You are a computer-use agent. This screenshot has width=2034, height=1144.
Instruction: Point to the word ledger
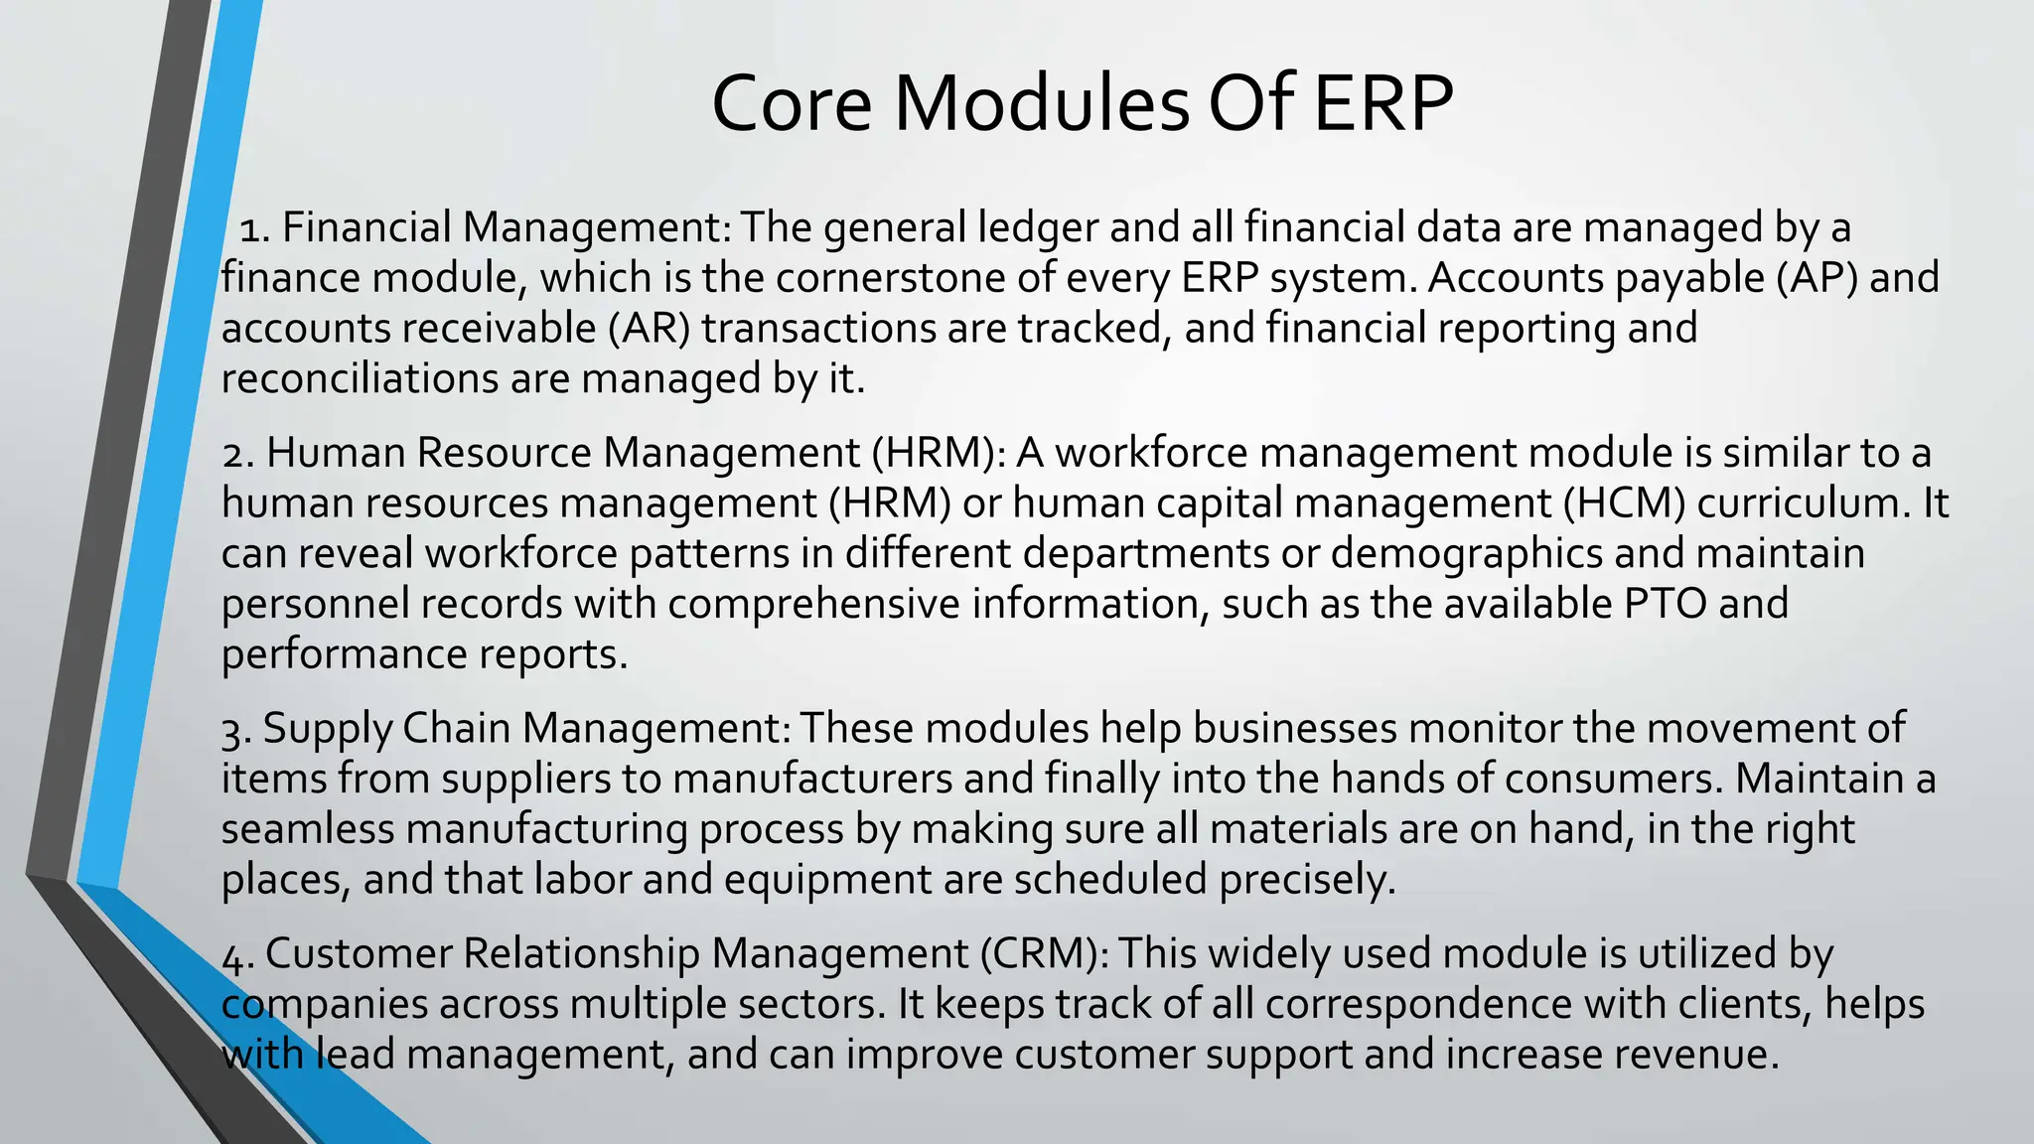[1038, 228]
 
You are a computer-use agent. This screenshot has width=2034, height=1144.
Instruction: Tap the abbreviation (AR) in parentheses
[649, 329]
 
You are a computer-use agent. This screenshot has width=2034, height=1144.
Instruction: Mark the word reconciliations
[360, 379]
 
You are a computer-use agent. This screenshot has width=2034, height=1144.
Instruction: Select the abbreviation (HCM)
[1624, 503]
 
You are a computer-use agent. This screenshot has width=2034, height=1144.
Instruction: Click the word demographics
[1466, 554]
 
